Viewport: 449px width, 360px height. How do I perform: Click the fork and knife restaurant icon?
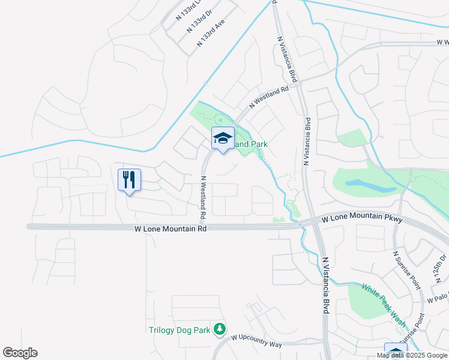[x=130, y=179]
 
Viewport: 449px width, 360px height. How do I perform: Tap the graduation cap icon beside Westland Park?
[x=223, y=139]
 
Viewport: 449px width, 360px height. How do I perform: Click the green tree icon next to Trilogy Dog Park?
[x=220, y=328]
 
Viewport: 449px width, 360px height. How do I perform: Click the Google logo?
[x=20, y=353]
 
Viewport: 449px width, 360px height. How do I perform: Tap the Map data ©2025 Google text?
[x=412, y=355]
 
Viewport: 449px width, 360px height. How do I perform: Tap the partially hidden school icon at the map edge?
[x=395, y=351]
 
